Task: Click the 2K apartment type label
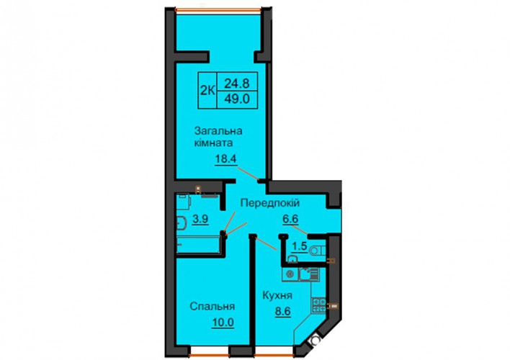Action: point(207,91)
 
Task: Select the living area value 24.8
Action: point(237,84)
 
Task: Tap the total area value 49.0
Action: point(237,99)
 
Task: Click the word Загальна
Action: point(218,131)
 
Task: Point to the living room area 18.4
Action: point(225,159)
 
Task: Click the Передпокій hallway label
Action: point(269,203)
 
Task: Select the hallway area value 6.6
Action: point(290,219)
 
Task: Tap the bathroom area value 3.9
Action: point(200,219)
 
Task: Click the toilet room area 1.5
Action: point(300,246)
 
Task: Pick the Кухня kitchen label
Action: point(277,296)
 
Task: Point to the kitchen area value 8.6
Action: point(282,312)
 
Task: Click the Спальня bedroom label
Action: point(212,307)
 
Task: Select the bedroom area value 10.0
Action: point(223,323)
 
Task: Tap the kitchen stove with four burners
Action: point(318,305)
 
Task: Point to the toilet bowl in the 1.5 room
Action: point(317,251)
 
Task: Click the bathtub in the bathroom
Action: point(198,245)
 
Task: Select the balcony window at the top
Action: point(218,10)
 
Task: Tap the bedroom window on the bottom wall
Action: point(210,353)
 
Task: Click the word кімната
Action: point(214,143)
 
